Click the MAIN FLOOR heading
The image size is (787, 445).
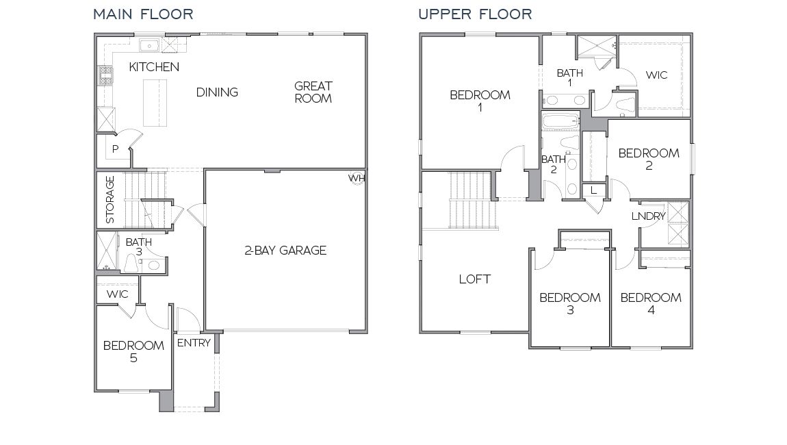point(143,14)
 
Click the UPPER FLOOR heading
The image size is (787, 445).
point(475,14)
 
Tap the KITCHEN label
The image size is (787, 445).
point(154,67)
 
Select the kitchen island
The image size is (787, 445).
point(155,103)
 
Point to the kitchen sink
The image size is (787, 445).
point(149,45)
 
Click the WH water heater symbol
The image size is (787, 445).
point(357,177)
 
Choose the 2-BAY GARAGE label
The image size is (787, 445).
point(285,251)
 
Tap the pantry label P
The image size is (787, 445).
point(116,149)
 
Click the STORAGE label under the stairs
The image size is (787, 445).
point(110,200)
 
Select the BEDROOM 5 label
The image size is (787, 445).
point(133,351)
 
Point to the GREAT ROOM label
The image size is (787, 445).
point(313,92)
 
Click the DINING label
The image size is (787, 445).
point(217,92)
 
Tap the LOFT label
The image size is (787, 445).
point(474,279)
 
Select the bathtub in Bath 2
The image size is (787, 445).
point(559,123)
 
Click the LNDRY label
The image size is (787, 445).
point(648,216)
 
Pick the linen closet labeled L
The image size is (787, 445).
point(593,190)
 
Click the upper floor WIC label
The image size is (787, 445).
point(656,75)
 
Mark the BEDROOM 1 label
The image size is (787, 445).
point(480,101)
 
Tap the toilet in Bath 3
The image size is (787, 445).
point(131,262)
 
